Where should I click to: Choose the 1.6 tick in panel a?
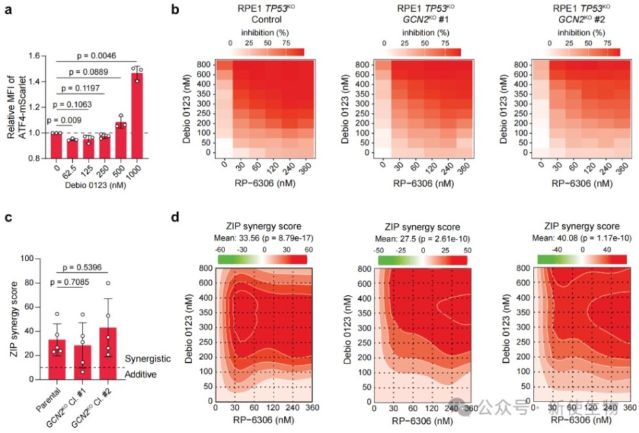pos(41,56)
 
